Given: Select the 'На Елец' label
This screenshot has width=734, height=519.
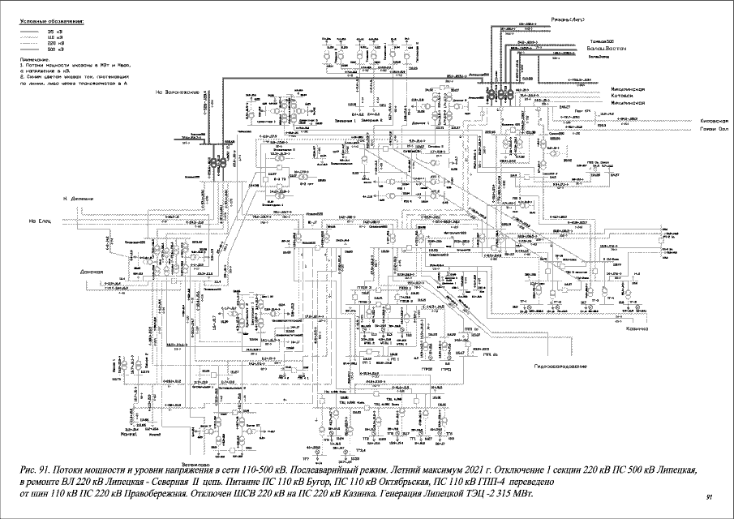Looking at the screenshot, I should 40,221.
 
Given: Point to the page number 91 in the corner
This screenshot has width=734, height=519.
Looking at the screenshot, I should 710,496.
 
